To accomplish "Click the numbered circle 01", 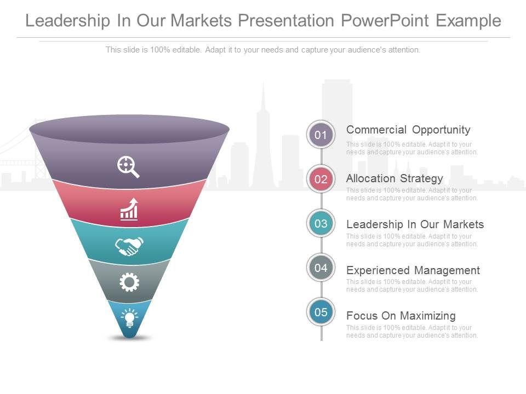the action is [x=321, y=135].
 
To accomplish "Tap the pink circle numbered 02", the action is [x=321, y=179].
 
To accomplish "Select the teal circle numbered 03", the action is [x=321, y=224].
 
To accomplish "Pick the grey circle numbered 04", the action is [x=321, y=268].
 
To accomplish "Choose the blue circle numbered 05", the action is [x=321, y=312].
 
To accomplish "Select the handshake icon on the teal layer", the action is [x=129, y=246].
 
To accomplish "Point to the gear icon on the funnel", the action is [x=129, y=282].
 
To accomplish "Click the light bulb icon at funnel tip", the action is [x=129, y=317].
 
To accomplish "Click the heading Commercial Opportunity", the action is [x=408, y=130].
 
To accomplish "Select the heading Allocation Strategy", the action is [x=395, y=178].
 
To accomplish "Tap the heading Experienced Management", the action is [x=413, y=270].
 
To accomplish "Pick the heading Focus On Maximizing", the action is [x=401, y=316].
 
